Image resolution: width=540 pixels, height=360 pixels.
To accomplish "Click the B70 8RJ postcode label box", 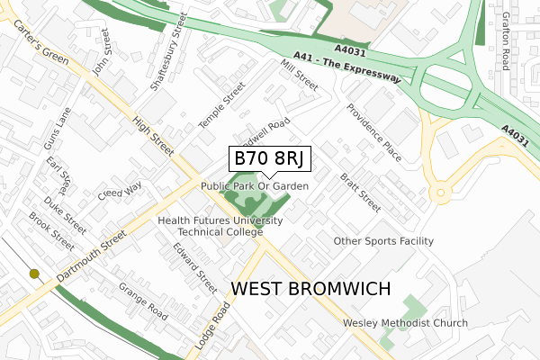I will coord(270,159).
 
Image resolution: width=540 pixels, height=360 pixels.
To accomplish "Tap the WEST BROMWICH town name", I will coord(312,289).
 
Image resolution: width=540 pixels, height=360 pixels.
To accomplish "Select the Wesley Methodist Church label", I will coord(405,323).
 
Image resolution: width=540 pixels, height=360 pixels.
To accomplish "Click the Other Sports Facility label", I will coord(383,241).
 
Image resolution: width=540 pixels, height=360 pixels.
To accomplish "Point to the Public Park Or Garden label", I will coord(255,186).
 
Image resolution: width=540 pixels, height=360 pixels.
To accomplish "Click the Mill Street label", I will coord(299,75).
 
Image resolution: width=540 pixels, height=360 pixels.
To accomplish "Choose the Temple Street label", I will coord(221,106).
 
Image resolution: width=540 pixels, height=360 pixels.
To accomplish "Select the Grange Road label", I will coord(144,300).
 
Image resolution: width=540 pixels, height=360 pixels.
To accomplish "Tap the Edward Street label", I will coord(195,268).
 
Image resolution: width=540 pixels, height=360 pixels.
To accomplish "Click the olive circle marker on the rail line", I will coord(34,274).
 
